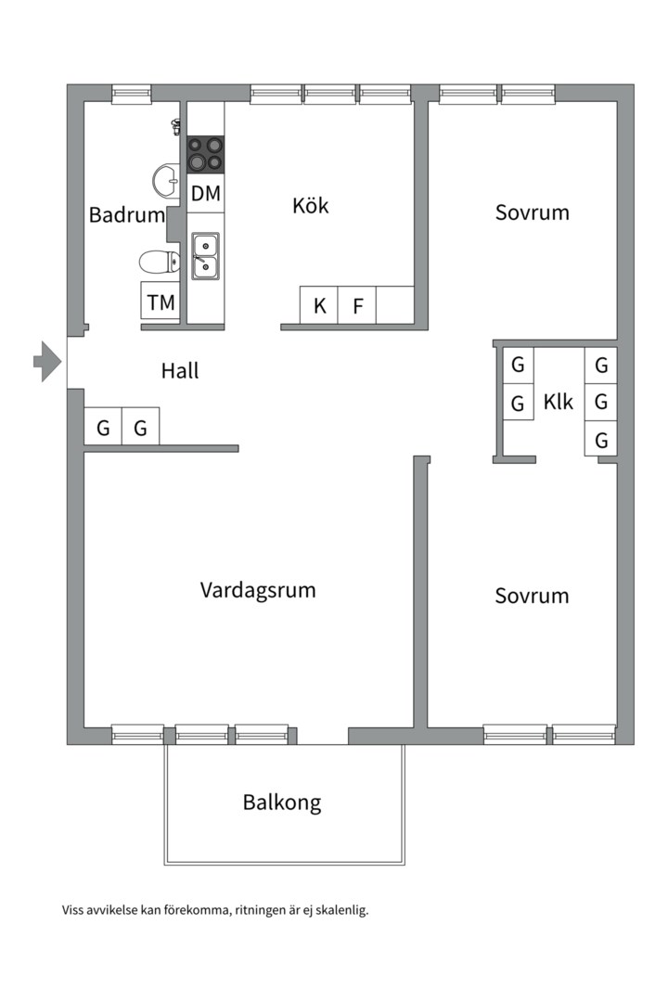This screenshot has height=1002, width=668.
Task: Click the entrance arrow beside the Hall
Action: pos(46,361)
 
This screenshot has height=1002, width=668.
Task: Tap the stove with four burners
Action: pos(205,154)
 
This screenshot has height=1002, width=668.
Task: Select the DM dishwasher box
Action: pos(206,194)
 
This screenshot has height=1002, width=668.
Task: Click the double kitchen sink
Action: pos(205,255)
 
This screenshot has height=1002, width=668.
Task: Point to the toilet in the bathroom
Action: pos(159,262)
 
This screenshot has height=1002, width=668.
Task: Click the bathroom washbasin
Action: pos(167,181)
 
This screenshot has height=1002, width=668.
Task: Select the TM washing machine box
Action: pos(161,302)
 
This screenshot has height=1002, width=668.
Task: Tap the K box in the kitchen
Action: pos(319,305)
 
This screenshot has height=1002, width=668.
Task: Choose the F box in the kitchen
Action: pos(357,305)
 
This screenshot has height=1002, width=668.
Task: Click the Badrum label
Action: pos(126,215)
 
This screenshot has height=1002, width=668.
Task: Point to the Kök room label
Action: pos(311,206)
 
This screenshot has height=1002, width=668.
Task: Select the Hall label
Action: pos(180,371)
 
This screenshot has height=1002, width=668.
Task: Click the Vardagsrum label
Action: pos(258,590)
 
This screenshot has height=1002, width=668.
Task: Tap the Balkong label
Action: pos(282,802)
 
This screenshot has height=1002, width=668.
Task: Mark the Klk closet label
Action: pos(559,403)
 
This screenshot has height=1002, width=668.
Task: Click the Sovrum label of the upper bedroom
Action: pos(532,212)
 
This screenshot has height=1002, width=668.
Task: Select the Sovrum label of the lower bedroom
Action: pos(532,596)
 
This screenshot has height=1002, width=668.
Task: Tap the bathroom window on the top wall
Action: pos(131,93)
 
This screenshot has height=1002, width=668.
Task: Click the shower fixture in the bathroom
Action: pos(174,126)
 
